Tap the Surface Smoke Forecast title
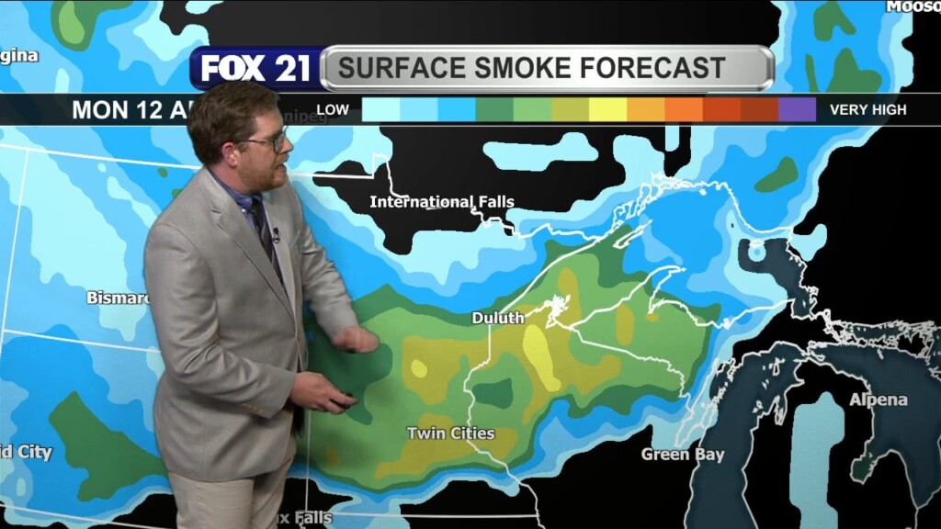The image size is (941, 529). pyautogui.click(x=531, y=68)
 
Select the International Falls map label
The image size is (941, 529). pyautogui.click(x=442, y=201)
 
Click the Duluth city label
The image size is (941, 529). pyautogui.click(x=498, y=318)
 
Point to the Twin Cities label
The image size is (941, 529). pyautogui.click(x=450, y=433)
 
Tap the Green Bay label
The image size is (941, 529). pyautogui.click(x=683, y=455)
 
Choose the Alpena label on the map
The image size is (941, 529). pyautogui.click(x=878, y=400)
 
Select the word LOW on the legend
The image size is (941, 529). pyautogui.click(x=333, y=109)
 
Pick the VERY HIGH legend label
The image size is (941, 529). pyautogui.click(x=867, y=109)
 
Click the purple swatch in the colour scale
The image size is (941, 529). pyautogui.click(x=797, y=109)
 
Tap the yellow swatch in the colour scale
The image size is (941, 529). pyautogui.click(x=607, y=109)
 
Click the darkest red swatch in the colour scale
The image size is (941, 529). pyautogui.click(x=759, y=109)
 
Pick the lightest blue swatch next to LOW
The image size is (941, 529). pyautogui.click(x=380, y=109)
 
